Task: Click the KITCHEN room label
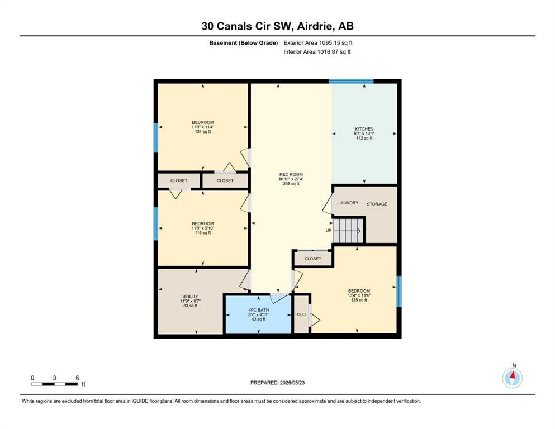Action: (364, 129)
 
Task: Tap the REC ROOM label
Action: (291, 174)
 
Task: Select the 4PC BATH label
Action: (258, 310)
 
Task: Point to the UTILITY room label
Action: (191, 297)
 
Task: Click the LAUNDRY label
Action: (348, 203)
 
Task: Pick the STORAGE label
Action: (377, 204)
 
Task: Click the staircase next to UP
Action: (349, 231)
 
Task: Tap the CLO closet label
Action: (301, 314)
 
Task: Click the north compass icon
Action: (512, 378)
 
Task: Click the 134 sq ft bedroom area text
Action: (203, 132)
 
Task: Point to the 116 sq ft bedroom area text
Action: (203, 233)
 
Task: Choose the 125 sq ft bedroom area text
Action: (359, 300)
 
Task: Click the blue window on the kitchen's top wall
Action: (351, 82)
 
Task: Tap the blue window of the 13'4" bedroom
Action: (399, 291)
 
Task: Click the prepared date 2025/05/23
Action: (292, 383)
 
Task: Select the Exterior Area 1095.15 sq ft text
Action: (318, 43)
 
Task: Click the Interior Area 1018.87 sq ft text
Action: (317, 51)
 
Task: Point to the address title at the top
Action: (277, 26)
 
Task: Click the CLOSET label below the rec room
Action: (313, 259)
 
